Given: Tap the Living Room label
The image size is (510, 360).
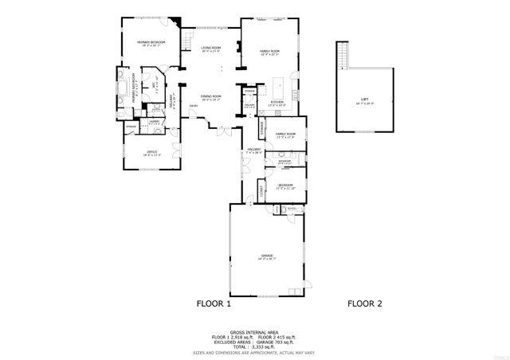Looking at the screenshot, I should click(x=210, y=49).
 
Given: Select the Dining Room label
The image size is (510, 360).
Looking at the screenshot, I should click(x=210, y=96).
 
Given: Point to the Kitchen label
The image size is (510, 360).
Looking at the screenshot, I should click(x=277, y=103).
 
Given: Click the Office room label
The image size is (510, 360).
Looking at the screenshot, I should click(x=151, y=152).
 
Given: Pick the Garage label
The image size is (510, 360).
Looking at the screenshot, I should click(x=266, y=256).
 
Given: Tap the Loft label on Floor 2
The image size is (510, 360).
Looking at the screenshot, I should click(x=365, y=100).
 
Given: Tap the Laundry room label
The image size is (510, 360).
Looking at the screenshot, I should click(x=154, y=122).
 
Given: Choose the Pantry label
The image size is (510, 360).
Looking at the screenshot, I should click(x=249, y=91).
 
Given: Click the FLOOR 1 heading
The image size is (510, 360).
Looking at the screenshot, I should click(x=214, y=303).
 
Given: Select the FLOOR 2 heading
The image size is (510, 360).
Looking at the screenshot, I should click(x=365, y=303).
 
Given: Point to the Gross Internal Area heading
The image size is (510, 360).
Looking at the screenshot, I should click(x=254, y=332).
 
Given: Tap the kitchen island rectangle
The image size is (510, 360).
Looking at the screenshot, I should click(x=280, y=84).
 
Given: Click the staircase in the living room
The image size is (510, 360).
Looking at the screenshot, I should click(x=187, y=38).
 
